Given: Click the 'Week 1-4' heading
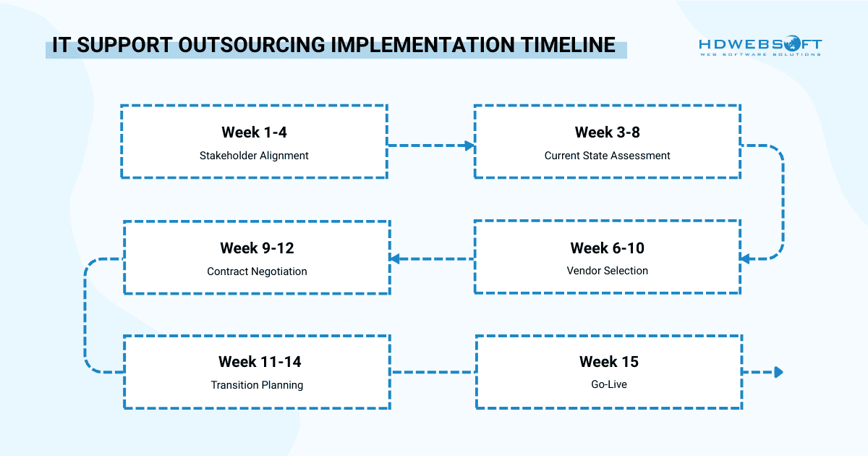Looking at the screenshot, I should (x=254, y=132).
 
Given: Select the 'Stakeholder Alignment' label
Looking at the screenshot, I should (x=254, y=156).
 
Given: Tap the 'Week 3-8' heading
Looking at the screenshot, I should (x=608, y=132).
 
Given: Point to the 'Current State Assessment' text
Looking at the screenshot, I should (x=608, y=156).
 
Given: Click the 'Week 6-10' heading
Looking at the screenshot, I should (x=608, y=248).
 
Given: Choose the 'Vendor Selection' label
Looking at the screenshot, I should (x=608, y=271).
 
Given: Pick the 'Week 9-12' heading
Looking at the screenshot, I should (x=257, y=248).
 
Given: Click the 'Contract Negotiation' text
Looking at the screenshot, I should (x=257, y=271).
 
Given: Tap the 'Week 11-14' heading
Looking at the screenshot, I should (x=257, y=361).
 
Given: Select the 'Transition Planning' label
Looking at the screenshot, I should (x=257, y=385).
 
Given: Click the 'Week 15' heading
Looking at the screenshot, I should (x=608, y=361).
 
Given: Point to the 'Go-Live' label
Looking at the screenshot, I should (x=608, y=384).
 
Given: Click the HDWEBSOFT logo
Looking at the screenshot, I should (x=760, y=46).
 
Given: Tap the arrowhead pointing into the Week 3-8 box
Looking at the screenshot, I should (x=469, y=145).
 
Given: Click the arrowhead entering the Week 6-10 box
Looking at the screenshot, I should (x=745, y=258).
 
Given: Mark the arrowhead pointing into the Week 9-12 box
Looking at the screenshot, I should (x=394, y=258).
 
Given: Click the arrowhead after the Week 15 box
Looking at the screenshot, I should (x=778, y=372).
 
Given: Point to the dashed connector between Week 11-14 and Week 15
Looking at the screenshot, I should (x=433, y=372).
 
